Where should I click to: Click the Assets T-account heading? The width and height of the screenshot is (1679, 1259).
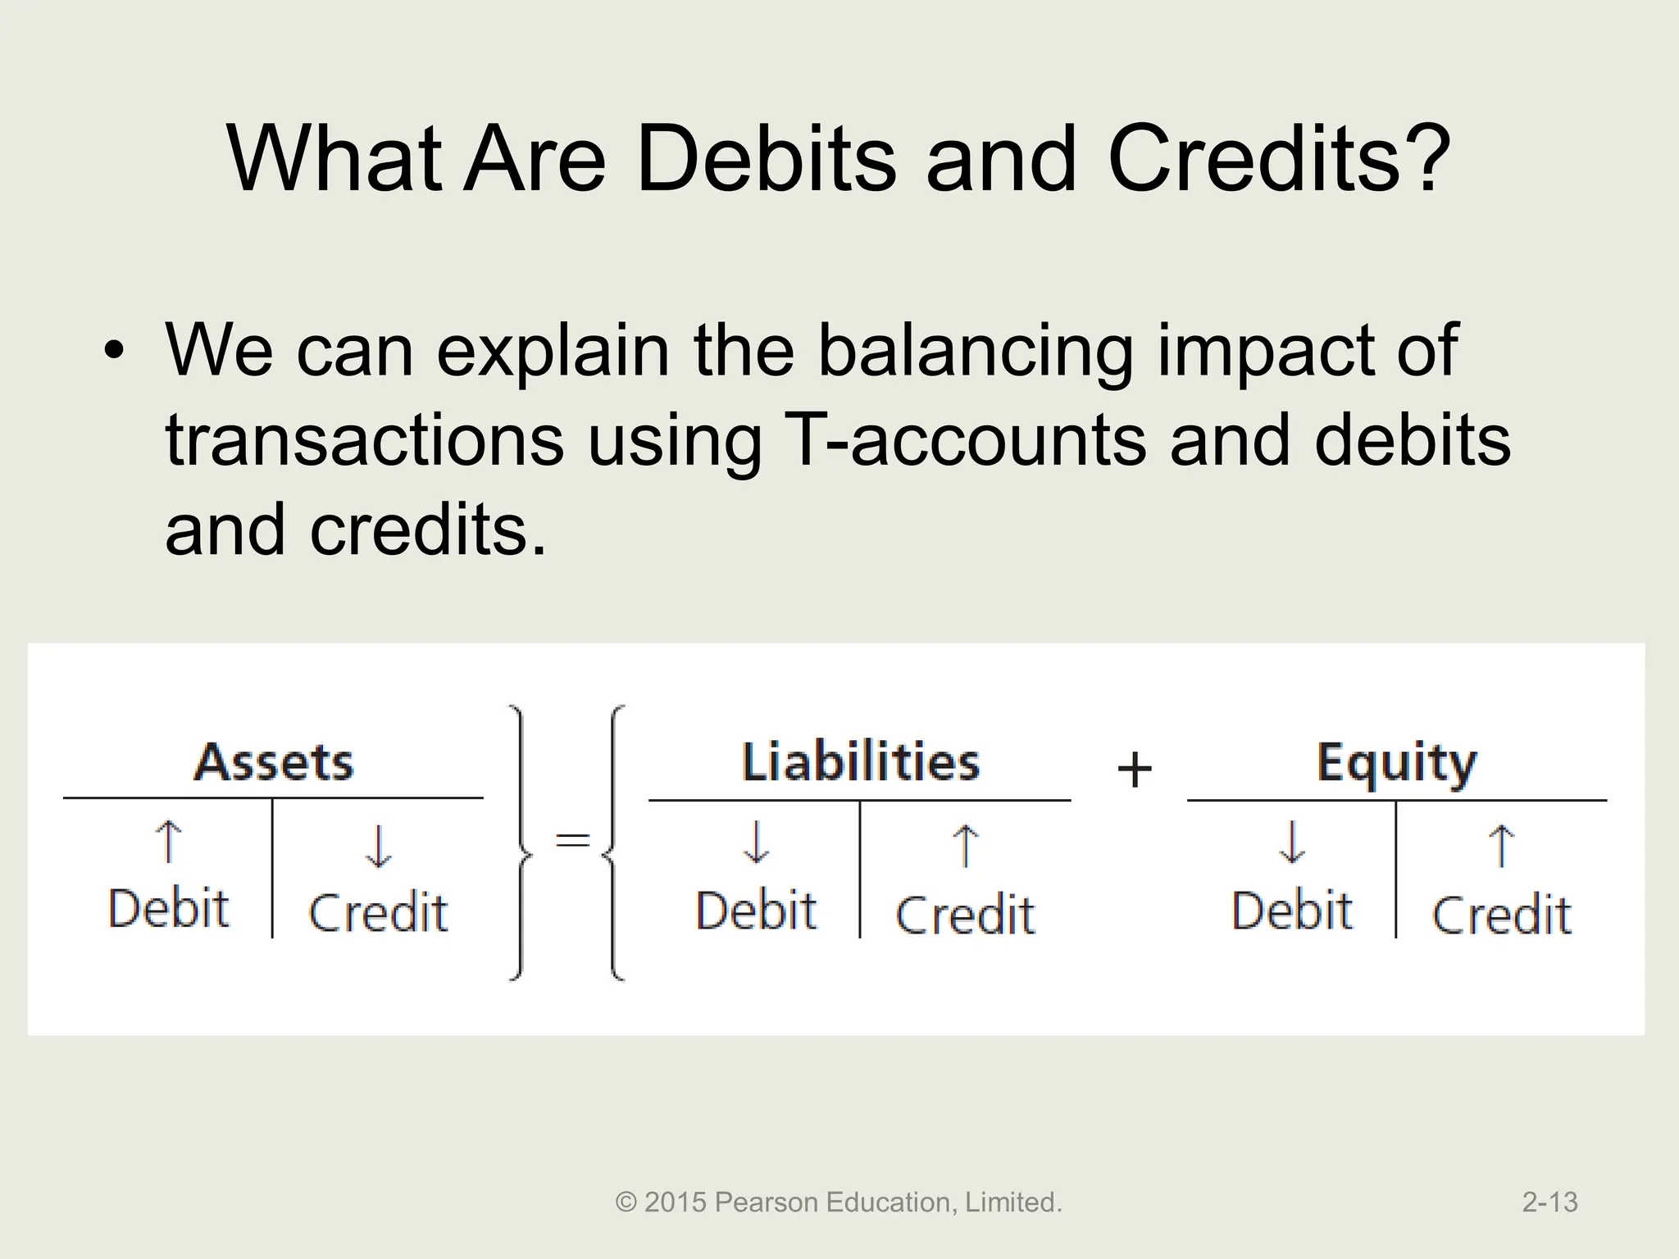[273, 762]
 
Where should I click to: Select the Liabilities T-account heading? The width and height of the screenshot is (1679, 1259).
[860, 762]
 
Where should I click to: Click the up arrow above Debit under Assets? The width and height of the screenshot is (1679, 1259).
[168, 843]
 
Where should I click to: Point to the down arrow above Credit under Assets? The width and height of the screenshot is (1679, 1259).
[378, 847]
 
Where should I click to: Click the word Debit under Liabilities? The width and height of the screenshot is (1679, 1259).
[756, 911]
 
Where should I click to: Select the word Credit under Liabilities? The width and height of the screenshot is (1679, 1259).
[965, 915]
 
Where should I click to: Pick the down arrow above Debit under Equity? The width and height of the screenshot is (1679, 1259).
[1291, 843]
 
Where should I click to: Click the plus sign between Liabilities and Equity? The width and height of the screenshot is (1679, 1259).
[1135, 770]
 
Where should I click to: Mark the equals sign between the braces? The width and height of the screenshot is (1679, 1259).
[573, 839]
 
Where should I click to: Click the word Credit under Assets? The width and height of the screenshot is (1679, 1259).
[378, 913]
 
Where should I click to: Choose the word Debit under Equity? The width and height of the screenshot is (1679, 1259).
[1291, 911]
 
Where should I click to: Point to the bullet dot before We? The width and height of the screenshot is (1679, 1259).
[114, 353]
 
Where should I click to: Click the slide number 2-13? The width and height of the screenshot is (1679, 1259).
[1549, 1202]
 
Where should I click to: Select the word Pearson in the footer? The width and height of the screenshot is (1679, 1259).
[767, 1202]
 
